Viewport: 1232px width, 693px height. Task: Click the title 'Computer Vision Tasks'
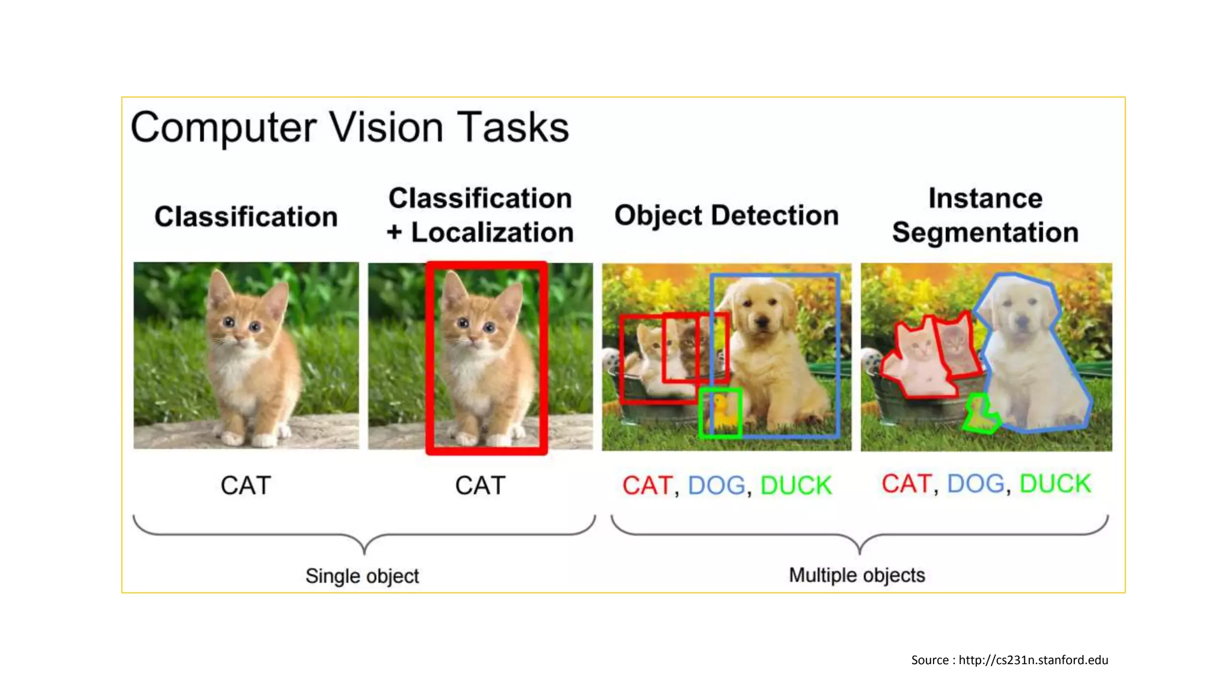[x=350, y=128]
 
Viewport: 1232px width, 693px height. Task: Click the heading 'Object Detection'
[x=726, y=215]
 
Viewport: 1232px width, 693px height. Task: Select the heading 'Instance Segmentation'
[x=985, y=215]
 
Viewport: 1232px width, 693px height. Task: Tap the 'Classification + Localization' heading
[x=480, y=215]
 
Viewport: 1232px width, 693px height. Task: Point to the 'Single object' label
[x=362, y=576]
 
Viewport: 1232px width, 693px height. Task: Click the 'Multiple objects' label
[x=857, y=575]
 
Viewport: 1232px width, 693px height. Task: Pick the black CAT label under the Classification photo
[x=245, y=485]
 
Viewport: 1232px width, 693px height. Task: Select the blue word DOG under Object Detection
[x=716, y=485]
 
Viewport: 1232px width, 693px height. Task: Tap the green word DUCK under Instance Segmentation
[x=1055, y=484]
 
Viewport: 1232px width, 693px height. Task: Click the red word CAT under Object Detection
[x=647, y=485]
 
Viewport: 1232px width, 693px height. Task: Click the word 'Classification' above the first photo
[x=245, y=217]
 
